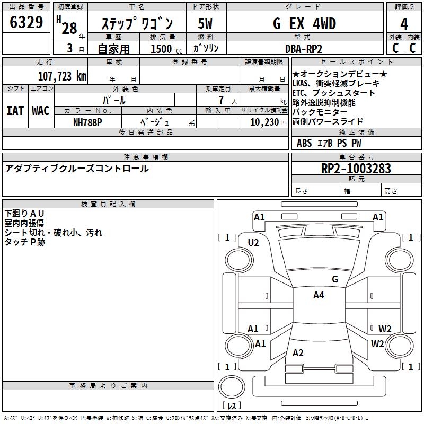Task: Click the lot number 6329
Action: tap(26, 23)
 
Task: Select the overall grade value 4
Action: tap(404, 24)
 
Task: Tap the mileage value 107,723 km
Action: tap(62, 76)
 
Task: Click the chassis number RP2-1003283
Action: tap(356, 169)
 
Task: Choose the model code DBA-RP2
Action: tap(304, 49)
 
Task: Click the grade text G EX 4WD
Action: tap(304, 24)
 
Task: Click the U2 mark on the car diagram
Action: tap(253, 242)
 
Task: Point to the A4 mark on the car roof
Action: tap(319, 295)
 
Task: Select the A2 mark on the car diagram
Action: tap(298, 353)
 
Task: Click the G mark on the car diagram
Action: tap(334, 279)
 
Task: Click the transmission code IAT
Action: tap(15, 110)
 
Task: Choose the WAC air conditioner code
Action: tap(40, 110)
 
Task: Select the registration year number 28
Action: tap(69, 29)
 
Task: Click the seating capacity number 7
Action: tap(220, 101)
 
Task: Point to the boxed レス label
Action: tap(231, 406)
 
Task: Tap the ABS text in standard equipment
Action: tap(304, 143)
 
